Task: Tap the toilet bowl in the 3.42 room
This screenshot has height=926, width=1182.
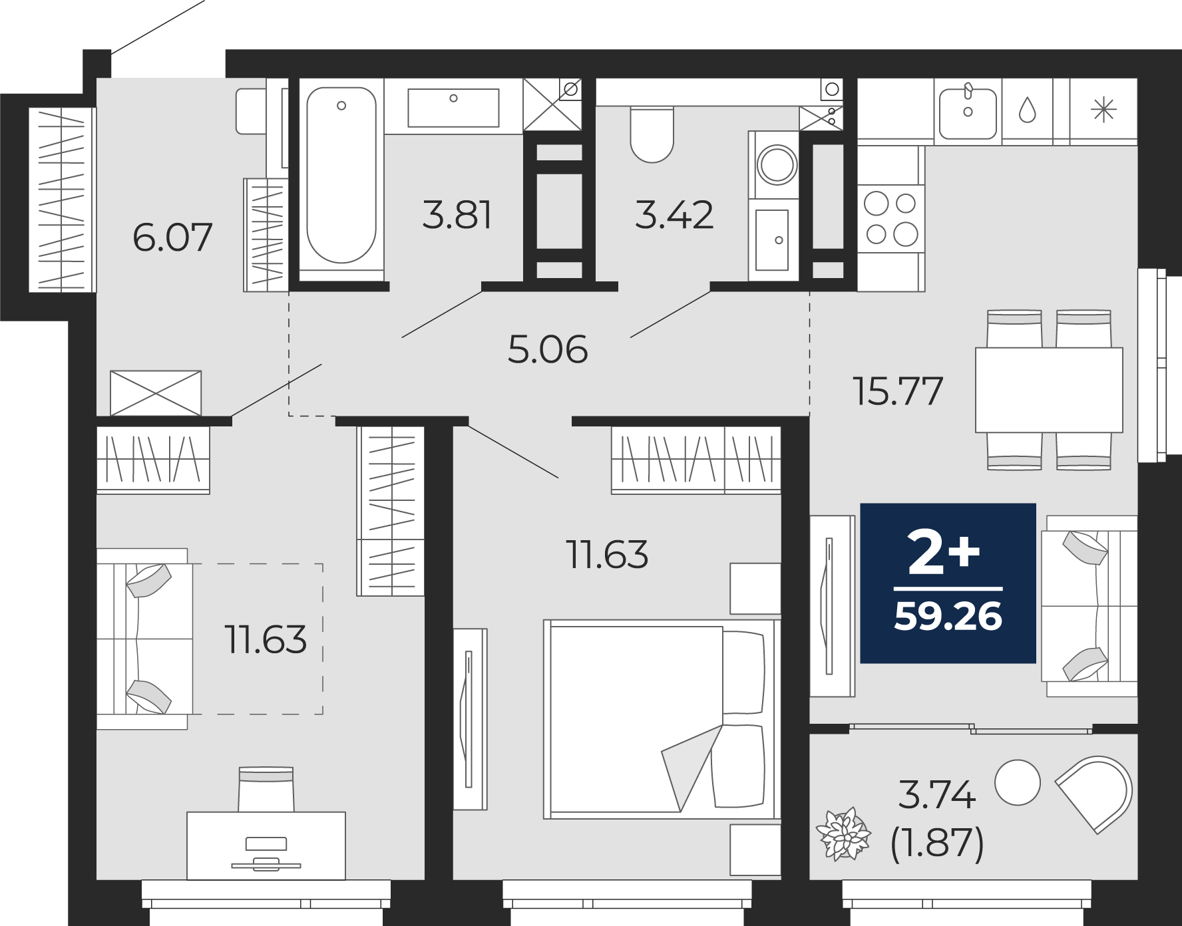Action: pyautogui.click(x=652, y=134)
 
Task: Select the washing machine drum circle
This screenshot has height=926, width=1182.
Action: pyautogui.click(x=777, y=164)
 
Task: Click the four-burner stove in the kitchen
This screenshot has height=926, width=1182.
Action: pyautogui.click(x=890, y=219)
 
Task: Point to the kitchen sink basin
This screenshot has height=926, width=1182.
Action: pyautogui.click(x=968, y=114)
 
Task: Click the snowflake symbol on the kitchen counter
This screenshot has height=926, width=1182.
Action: pyautogui.click(x=1103, y=110)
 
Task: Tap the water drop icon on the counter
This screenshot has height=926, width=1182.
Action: pyautogui.click(x=1027, y=110)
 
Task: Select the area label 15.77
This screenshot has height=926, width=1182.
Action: pyautogui.click(x=898, y=390)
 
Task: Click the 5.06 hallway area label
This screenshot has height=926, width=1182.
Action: pyautogui.click(x=548, y=349)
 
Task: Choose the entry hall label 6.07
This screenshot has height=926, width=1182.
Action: pyautogui.click(x=172, y=237)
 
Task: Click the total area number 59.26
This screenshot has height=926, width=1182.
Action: pyautogui.click(x=948, y=616)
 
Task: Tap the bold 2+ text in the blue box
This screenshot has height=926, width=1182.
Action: pyautogui.click(x=944, y=553)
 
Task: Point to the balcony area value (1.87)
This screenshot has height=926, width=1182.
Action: pyautogui.click(x=937, y=844)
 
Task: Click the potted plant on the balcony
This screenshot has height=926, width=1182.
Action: pyautogui.click(x=843, y=834)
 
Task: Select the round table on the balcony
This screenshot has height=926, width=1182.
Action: pyautogui.click(x=1017, y=782)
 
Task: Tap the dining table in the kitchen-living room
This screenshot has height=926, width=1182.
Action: pyautogui.click(x=1049, y=390)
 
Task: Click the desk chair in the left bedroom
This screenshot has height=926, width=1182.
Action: pyautogui.click(x=266, y=789)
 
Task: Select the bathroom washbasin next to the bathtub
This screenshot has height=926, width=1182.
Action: pyautogui.click(x=453, y=107)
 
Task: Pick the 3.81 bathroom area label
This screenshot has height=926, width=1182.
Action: pyautogui.click(x=457, y=215)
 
